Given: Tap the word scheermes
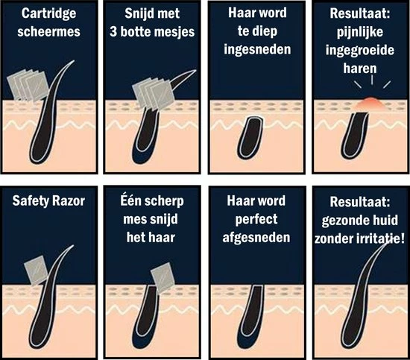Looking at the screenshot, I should pyautogui.click(x=50, y=33).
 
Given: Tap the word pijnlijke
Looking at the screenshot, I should pyautogui.click(x=359, y=33).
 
